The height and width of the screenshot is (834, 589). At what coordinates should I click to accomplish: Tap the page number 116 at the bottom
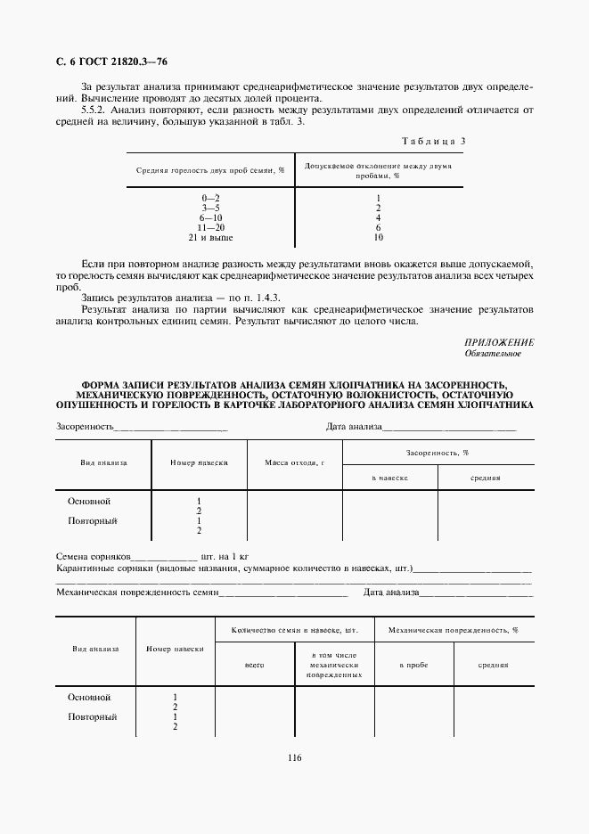tap(295, 757)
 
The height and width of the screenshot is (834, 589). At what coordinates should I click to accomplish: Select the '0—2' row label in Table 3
tap(210, 197)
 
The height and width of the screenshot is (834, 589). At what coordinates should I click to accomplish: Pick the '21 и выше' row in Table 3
tap(210, 238)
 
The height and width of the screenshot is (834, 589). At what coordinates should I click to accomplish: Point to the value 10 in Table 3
tap(379, 238)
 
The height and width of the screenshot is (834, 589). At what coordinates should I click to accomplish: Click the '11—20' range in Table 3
tap(210, 228)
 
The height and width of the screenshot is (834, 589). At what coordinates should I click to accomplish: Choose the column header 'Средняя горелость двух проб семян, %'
tap(210, 169)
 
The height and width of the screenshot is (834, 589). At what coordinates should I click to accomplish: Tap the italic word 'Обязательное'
tap(493, 354)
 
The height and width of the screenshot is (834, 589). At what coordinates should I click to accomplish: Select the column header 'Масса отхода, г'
tap(294, 463)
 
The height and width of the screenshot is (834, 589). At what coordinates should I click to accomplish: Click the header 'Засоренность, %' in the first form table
tap(438, 453)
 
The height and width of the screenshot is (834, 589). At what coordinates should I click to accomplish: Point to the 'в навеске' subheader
tap(389, 478)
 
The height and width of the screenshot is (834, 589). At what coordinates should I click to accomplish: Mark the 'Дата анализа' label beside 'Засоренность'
tap(354, 427)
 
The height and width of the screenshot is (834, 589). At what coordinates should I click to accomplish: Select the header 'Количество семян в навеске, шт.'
tap(294, 630)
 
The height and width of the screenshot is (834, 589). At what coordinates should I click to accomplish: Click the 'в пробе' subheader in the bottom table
tap(413, 665)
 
